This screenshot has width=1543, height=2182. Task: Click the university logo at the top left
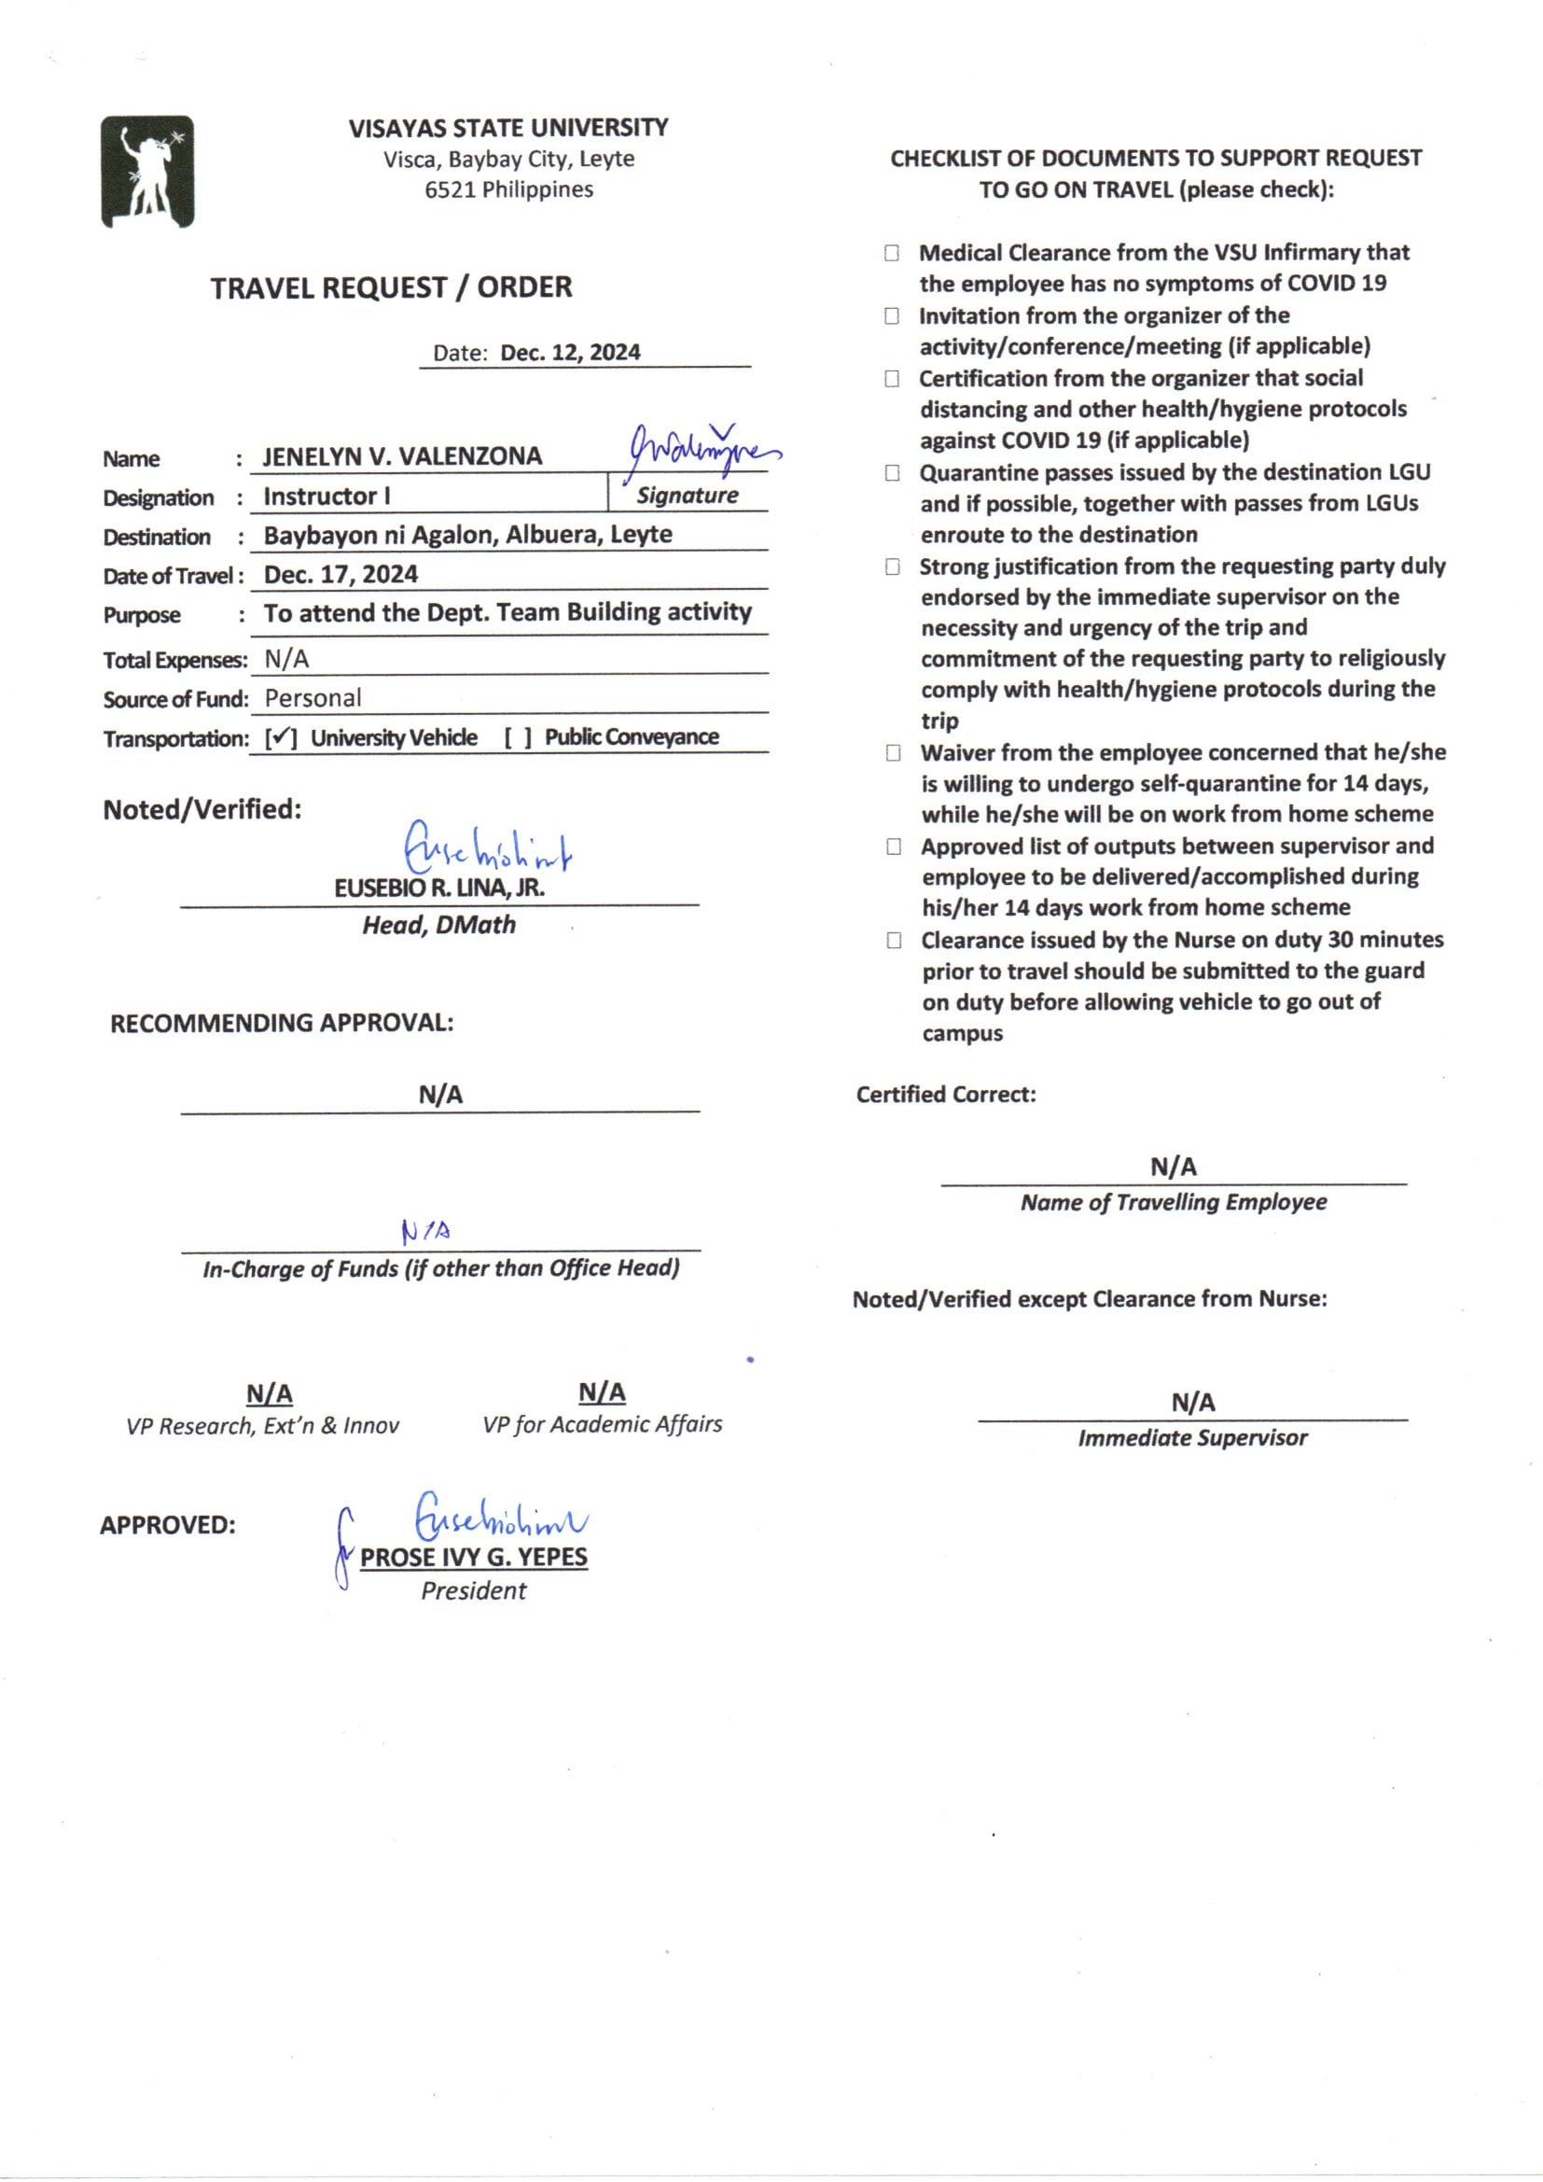tap(147, 172)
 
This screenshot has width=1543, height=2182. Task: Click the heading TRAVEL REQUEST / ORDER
tap(391, 287)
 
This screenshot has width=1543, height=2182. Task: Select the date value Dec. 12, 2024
tap(570, 353)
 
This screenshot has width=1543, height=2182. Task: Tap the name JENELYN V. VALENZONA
tap(402, 456)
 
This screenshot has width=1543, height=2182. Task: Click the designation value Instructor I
tap(327, 497)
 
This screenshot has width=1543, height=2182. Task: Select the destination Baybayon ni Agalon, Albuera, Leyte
tap(467, 535)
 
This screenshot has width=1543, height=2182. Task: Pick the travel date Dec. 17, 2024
tap(341, 574)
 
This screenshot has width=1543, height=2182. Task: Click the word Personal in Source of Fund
tap(313, 698)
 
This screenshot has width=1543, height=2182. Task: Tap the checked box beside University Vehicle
tap(281, 738)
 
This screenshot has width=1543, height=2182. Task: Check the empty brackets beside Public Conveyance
tap(518, 738)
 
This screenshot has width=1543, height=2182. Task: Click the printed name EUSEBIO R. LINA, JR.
tap(439, 888)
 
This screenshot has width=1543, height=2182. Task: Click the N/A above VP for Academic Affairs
tap(602, 1392)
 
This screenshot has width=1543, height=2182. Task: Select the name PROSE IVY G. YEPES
tap(473, 1557)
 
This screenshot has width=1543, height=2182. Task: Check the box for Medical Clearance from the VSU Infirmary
tap(891, 253)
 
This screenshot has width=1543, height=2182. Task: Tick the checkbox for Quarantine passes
tap(892, 472)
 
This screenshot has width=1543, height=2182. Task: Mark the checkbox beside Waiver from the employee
tap(893, 752)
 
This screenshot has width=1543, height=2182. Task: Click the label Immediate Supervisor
tap(1192, 1438)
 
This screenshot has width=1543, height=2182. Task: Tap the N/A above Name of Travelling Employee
tap(1174, 1166)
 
